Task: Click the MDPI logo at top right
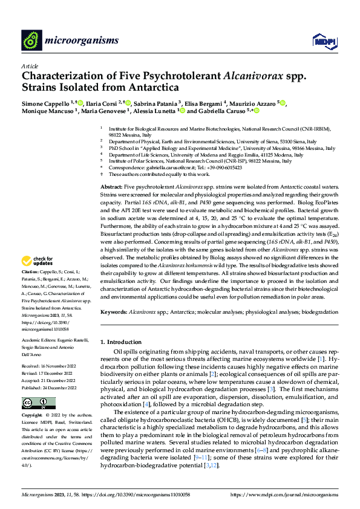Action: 323,41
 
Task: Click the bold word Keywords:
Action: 113,312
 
